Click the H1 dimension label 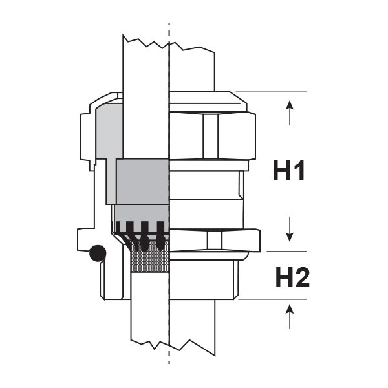[289, 171]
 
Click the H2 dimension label [292, 277]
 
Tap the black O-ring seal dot [98, 253]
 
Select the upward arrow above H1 [290, 113]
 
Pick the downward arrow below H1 [289, 229]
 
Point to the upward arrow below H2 [290, 316]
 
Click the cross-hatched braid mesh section [150, 256]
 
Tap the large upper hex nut [213, 136]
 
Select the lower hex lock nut [215, 241]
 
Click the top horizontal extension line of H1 [271, 92]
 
